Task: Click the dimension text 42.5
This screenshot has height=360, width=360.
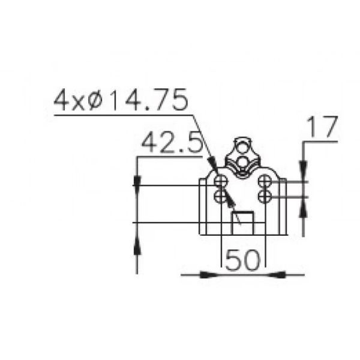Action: [172, 143]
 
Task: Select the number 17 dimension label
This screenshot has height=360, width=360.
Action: [322, 127]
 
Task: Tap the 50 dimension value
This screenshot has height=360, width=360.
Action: [243, 260]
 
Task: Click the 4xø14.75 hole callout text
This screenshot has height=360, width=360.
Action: [121, 100]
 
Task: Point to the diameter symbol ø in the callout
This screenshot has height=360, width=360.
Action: [95, 101]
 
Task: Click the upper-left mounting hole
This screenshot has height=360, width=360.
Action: [220, 181]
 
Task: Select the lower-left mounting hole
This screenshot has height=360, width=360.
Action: [220, 197]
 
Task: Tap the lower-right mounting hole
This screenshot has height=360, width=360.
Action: [265, 197]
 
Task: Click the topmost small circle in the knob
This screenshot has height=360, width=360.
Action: [242, 148]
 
